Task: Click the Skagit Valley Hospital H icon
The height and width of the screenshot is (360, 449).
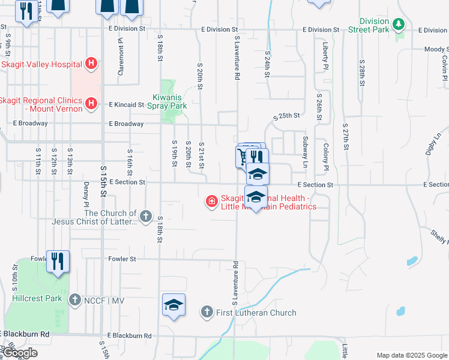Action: (x=91, y=62)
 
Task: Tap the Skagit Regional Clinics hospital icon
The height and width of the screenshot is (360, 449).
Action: (x=91, y=104)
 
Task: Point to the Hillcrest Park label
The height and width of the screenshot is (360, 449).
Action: (x=37, y=298)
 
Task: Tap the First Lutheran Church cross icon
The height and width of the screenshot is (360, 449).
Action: (x=206, y=312)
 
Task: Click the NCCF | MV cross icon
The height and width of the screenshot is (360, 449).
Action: (x=74, y=299)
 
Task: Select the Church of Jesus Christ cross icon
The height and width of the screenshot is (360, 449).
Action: (x=145, y=216)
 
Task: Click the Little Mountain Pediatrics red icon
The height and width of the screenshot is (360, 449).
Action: (x=211, y=201)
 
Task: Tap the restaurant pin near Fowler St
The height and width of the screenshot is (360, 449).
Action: (x=58, y=262)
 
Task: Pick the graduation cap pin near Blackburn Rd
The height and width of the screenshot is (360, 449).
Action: (x=173, y=305)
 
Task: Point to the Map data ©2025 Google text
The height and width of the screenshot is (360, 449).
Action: (x=411, y=355)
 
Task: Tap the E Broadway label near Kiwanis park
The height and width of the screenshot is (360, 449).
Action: (x=126, y=124)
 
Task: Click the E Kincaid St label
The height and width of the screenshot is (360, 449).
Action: (x=127, y=104)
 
